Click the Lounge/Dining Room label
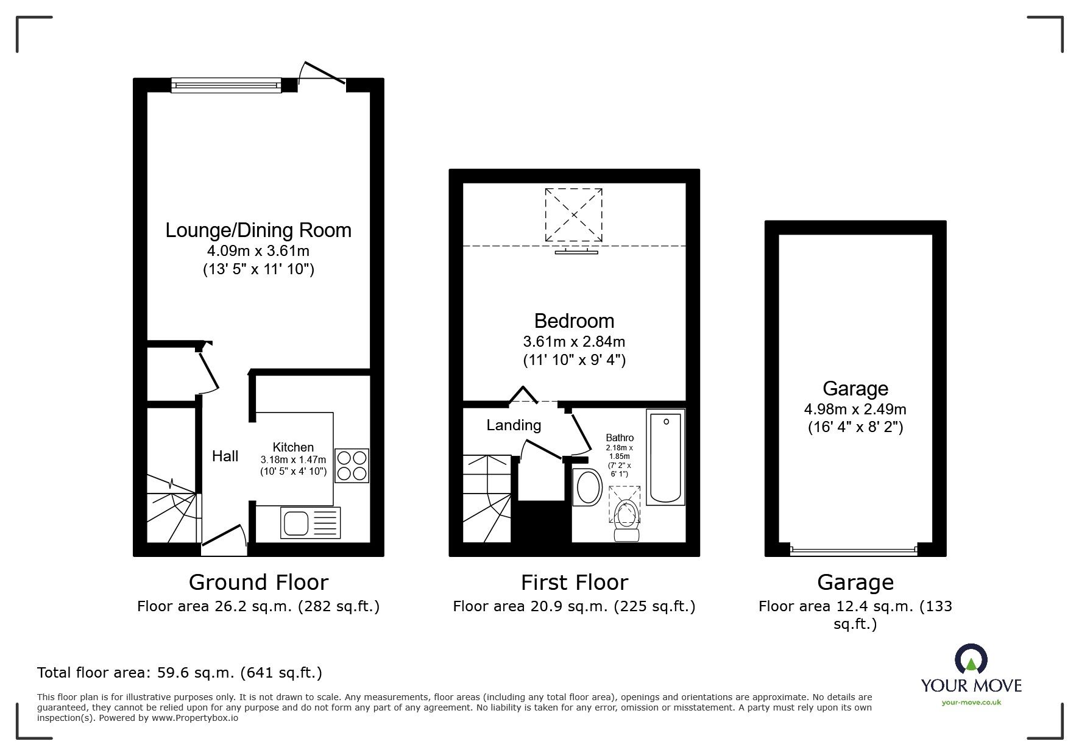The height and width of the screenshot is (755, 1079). (x=258, y=230)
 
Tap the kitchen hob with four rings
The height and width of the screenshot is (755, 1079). (x=352, y=466)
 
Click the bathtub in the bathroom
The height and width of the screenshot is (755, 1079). (x=665, y=456)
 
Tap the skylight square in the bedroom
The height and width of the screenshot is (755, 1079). (x=574, y=215)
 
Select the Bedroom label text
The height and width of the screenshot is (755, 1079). (x=574, y=321)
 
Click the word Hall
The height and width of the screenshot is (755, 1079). (x=225, y=456)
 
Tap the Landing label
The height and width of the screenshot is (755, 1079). (x=514, y=425)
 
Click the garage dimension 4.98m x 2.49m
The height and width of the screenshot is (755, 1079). (x=855, y=409)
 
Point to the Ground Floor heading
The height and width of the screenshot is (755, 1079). (x=258, y=583)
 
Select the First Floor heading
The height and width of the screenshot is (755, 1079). (x=574, y=583)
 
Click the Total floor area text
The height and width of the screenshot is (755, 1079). (x=180, y=673)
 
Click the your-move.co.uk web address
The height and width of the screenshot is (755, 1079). (x=971, y=703)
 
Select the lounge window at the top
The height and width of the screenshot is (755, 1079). (x=226, y=85)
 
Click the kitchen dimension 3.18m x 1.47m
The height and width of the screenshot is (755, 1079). (x=293, y=459)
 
